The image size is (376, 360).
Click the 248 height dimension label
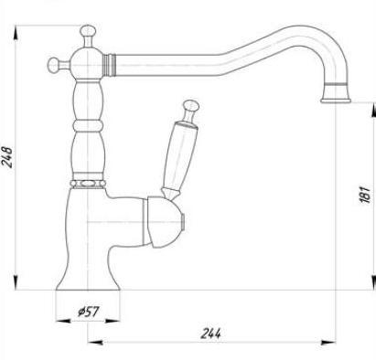pos(7,157)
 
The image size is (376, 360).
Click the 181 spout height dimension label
pos(365,194)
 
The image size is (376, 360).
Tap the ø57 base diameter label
pos(89,312)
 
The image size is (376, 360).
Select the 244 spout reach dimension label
pos(210,334)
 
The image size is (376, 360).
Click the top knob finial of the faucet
pos(88,31)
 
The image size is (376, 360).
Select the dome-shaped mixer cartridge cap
pos(165,222)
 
